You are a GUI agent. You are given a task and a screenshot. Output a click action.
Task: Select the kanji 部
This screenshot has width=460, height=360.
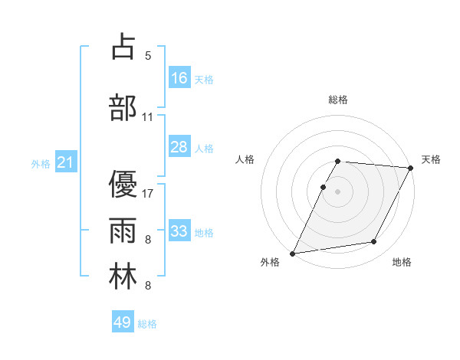click(122, 107)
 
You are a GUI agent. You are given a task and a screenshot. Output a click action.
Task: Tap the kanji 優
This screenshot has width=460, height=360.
click(122, 183)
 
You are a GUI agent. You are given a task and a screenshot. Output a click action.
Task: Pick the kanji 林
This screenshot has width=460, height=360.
click(122, 277)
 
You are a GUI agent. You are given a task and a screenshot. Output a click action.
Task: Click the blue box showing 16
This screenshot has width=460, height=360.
click(179, 78)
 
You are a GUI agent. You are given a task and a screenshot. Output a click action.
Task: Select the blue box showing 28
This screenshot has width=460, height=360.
click(179, 147)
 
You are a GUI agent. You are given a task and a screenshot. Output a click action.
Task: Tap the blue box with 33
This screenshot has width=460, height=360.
click(179, 231)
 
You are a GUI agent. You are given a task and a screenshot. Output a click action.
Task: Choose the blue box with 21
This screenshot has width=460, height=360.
click(65, 162)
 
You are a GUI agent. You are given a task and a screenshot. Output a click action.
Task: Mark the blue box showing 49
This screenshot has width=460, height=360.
click(123, 322)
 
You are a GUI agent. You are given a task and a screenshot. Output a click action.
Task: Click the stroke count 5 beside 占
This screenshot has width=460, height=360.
click(148, 56)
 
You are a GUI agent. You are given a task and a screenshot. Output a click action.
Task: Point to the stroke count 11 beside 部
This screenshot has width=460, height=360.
click(148, 117)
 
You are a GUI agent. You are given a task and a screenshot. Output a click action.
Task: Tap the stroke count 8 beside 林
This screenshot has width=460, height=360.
click(148, 286)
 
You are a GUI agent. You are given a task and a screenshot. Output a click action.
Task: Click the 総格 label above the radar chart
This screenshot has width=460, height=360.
click(338, 100)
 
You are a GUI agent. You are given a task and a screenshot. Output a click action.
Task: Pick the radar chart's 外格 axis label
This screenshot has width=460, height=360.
click(270, 262)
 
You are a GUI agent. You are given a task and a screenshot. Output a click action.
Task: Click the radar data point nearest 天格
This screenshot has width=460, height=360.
click(411, 167)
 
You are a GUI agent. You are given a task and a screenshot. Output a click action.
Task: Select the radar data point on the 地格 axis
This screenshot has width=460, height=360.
click(374, 242)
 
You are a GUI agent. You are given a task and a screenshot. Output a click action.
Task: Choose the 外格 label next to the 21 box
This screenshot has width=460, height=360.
click(41, 163)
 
